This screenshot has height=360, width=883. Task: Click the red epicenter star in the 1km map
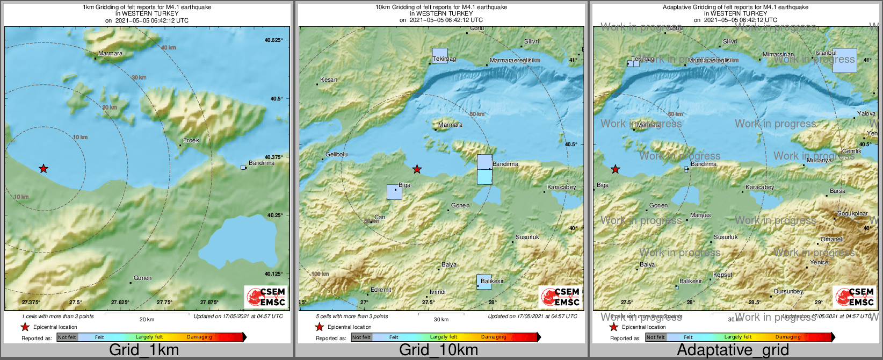tap(44, 169)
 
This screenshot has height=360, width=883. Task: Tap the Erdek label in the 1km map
tap(191, 140)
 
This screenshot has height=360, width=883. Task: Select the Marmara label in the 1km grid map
tap(111, 53)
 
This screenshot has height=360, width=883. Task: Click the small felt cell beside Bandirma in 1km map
tap(243, 167)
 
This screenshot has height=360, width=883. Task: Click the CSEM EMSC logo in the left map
tap(266, 297)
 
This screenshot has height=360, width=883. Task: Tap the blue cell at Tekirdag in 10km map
tap(440, 55)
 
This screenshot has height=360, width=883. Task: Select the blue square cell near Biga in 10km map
tap(394, 192)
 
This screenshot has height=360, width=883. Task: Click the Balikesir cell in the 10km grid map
tap(484, 282)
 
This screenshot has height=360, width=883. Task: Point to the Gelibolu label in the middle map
tap(337, 154)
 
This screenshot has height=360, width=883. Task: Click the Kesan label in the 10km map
tap(329, 80)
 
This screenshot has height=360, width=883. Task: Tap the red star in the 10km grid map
tap(417, 169)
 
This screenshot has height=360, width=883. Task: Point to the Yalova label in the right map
tap(866, 113)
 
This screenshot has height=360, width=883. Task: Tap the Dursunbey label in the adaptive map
tap(788, 291)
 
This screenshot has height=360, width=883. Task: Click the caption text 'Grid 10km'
tap(438, 350)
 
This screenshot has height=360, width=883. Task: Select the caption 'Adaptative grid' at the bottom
tap(733, 350)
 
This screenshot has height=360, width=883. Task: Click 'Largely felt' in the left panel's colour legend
tap(149, 337)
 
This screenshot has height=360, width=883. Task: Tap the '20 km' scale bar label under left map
tap(147, 319)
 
